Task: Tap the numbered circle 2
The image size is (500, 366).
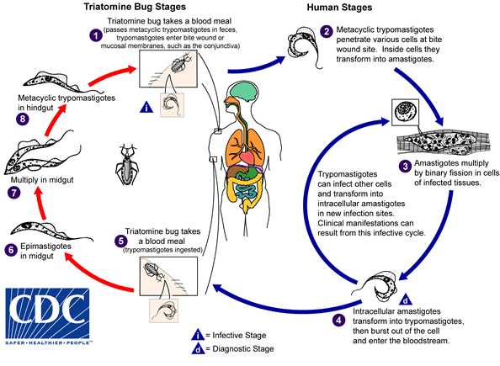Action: point(327,32)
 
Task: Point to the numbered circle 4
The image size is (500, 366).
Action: point(338,319)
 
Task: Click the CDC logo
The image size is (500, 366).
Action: point(46,318)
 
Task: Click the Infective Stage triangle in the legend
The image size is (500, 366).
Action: point(196,333)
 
